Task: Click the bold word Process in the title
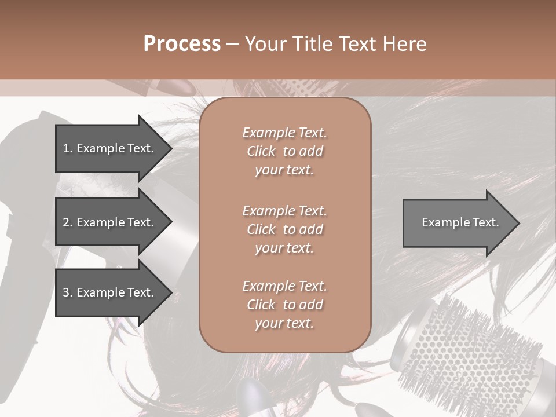[182, 44]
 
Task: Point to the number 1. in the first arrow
[67, 148]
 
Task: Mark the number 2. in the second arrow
[67, 222]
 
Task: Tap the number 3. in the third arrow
[67, 292]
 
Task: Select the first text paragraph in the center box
[284, 151]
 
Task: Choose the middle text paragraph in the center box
[284, 229]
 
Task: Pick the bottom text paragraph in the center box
[284, 305]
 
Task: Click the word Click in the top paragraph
[261, 151]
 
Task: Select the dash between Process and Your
[232, 44]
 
